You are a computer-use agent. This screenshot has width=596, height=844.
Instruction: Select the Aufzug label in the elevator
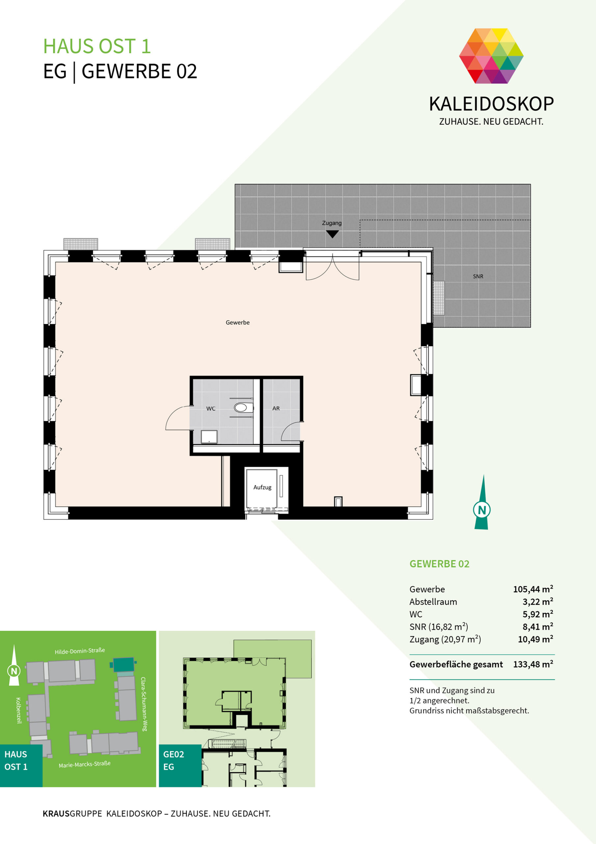coord(262,487)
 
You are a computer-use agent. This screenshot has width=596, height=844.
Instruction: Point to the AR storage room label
coord(276,408)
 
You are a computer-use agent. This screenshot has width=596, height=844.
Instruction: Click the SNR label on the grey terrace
coord(478,276)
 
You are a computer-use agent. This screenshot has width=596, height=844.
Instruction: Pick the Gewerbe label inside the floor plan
coord(238,322)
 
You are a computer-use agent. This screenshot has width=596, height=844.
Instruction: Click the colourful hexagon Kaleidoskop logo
coord(491,56)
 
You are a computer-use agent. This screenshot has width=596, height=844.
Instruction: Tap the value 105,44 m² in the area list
coord(533,589)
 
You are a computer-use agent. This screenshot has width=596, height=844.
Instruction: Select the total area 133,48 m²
coord(533,664)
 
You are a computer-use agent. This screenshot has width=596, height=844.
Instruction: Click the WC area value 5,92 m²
coord(538,614)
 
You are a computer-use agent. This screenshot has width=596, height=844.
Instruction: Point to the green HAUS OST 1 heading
coord(97,46)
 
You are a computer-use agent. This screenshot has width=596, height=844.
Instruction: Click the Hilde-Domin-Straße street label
coord(80,651)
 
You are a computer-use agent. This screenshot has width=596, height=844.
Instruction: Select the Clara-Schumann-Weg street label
coord(144,704)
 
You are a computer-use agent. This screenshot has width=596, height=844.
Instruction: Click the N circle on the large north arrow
coord(482,510)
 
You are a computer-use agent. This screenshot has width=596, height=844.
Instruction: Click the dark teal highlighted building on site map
coord(123,665)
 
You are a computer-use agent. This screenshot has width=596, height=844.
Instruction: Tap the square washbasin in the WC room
coord(209,437)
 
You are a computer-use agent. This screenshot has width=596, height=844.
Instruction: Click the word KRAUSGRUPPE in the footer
coord(72,813)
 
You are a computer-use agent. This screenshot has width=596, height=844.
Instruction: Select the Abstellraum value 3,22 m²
coord(538,601)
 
